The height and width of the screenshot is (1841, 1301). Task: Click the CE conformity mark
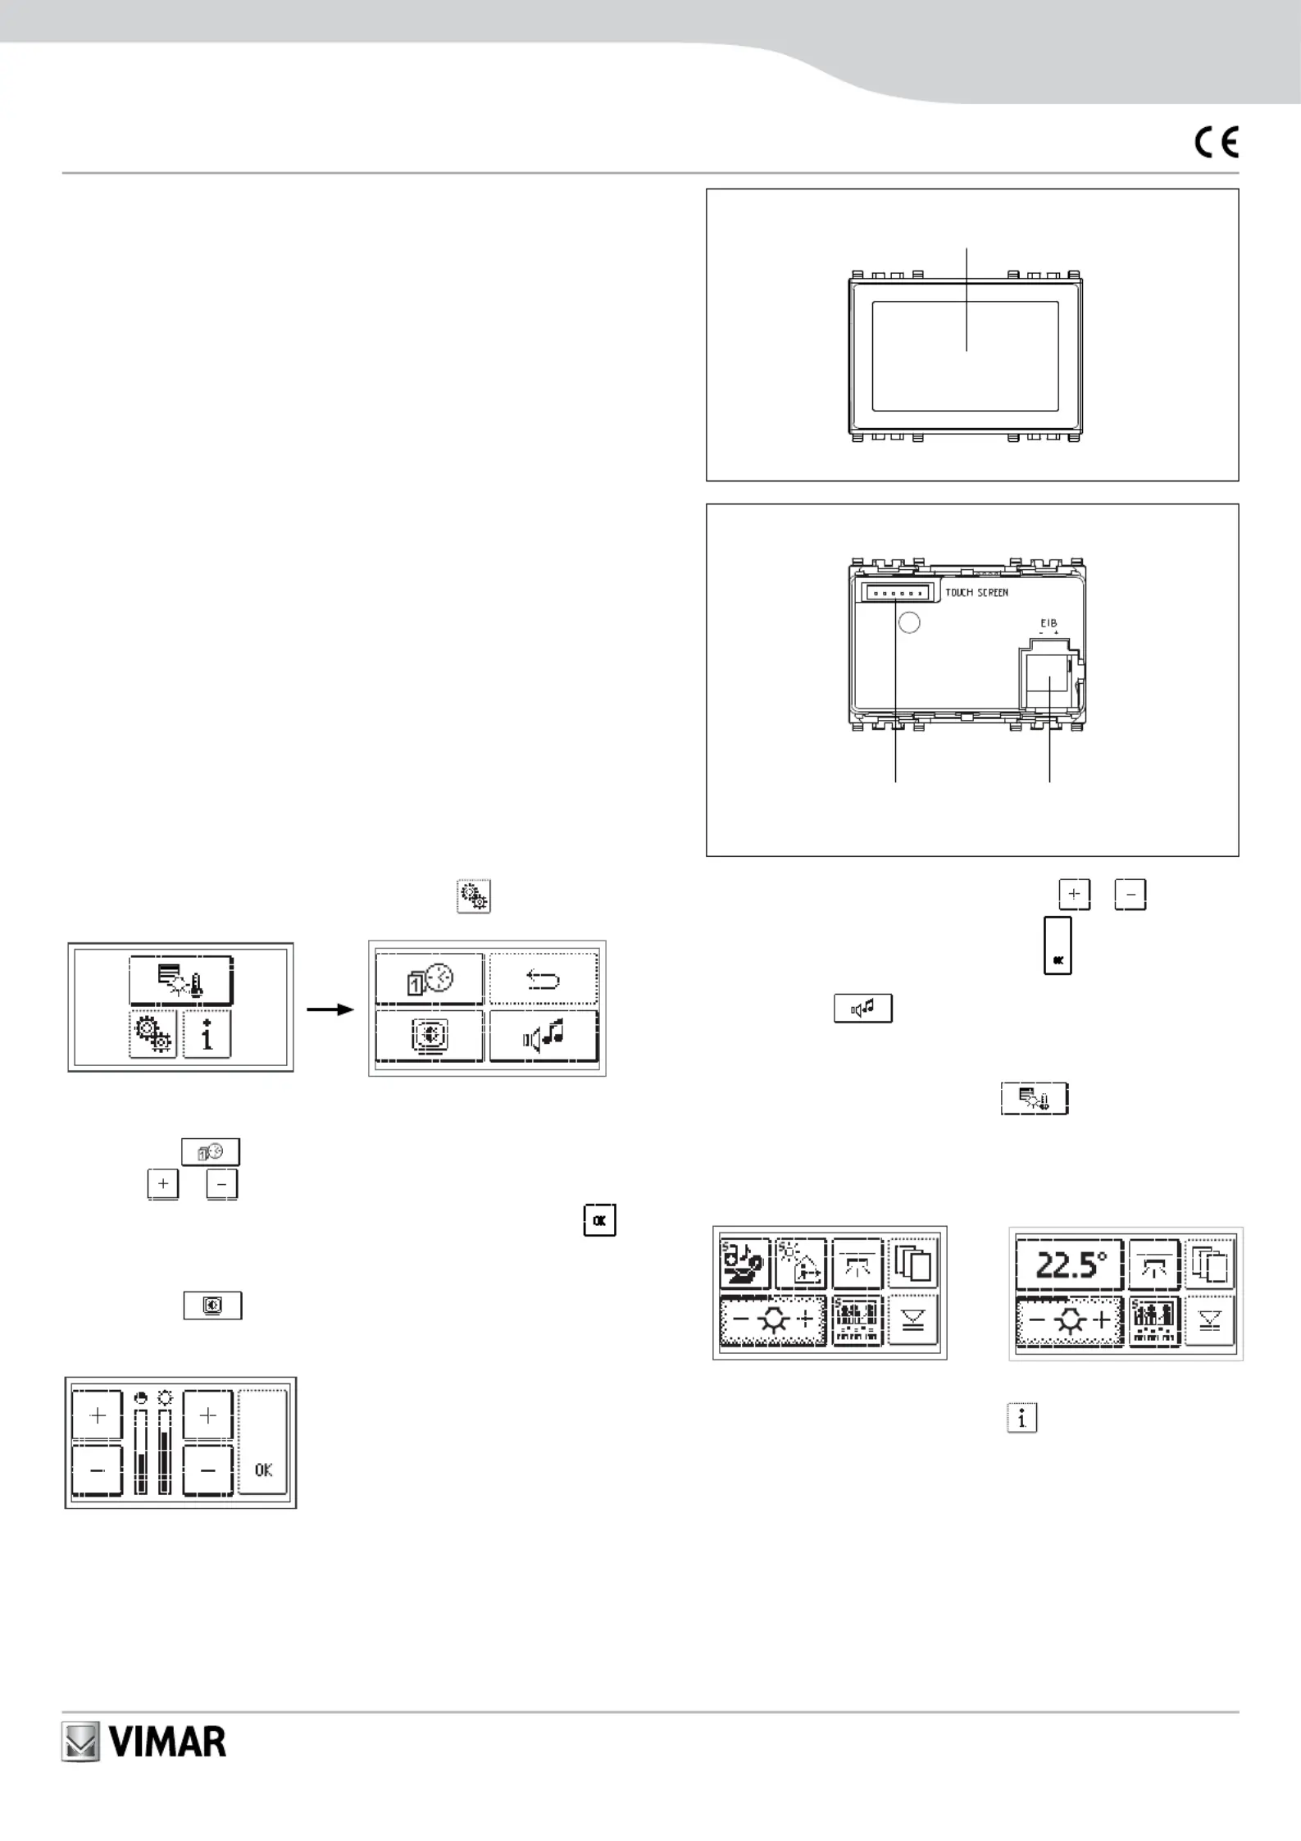(1217, 143)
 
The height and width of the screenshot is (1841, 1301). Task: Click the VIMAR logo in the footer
(144, 1742)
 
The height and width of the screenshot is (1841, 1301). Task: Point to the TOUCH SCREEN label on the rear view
(976, 592)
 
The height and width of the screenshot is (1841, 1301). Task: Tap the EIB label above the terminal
(1049, 624)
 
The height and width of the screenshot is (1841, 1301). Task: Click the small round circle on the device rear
(909, 622)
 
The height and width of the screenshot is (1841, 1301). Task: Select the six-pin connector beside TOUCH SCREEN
(896, 592)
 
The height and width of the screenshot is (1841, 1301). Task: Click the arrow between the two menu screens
(330, 1009)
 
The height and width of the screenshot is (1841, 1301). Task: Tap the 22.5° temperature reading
(1071, 1265)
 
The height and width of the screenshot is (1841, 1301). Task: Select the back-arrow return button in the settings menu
(544, 979)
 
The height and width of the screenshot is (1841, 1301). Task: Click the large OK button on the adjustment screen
(263, 1445)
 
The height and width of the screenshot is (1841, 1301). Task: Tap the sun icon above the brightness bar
(165, 1397)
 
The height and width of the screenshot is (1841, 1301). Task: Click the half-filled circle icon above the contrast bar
(141, 1397)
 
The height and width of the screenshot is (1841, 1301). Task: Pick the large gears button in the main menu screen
(152, 1035)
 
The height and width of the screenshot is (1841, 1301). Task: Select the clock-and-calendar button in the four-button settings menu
(430, 979)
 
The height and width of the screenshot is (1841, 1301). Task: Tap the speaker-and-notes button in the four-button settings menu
(544, 1037)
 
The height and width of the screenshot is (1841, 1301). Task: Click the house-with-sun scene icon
(800, 1264)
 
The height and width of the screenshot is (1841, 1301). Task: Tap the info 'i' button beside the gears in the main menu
(206, 1035)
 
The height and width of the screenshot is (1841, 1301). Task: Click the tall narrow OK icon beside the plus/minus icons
(1058, 946)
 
